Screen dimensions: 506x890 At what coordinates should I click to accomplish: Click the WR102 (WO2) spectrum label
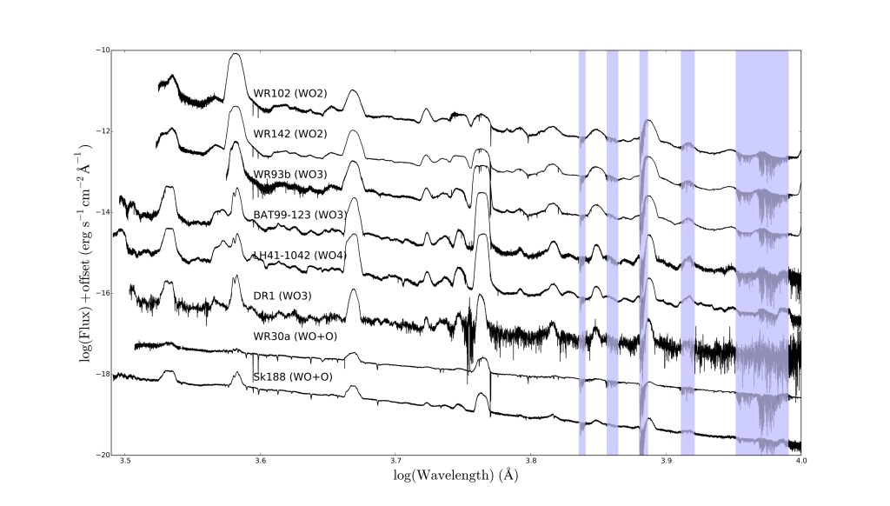pos(289,93)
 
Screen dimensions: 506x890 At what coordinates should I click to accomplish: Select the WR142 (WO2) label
pos(289,134)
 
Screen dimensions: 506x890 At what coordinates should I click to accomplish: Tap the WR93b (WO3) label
pos(290,174)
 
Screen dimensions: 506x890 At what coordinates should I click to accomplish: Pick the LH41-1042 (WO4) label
pos(297,255)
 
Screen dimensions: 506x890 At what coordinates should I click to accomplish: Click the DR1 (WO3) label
pos(282,296)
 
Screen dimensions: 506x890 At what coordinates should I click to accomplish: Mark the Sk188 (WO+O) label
pos(291,376)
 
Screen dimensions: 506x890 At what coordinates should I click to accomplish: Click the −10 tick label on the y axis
pos(103,50)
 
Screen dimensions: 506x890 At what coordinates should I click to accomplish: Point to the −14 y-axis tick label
pos(103,212)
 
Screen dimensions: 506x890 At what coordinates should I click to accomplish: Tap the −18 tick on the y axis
pos(103,375)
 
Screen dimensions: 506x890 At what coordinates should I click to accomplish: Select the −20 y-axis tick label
pos(103,456)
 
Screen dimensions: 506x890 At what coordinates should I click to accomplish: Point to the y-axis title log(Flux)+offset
pos(88,252)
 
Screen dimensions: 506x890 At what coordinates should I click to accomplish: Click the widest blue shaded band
pos(762,252)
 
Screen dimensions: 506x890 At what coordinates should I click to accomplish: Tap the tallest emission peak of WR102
pos(235,56)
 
